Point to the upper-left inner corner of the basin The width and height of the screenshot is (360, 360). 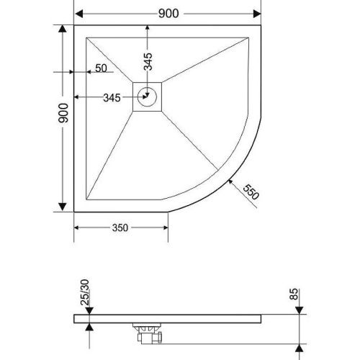click(86, 37)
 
